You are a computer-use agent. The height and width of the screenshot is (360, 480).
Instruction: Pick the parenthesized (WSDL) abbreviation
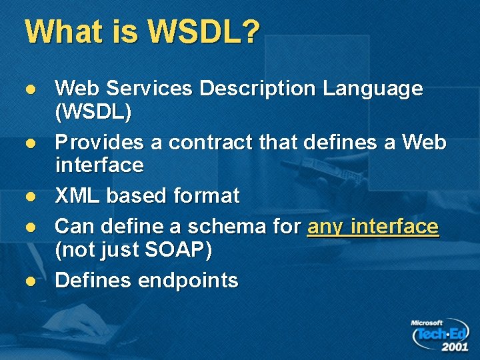pyautogui.click(x=93, y=112)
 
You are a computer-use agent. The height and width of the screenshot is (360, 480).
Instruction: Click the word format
pyautogui.click(x=206, y=196)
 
